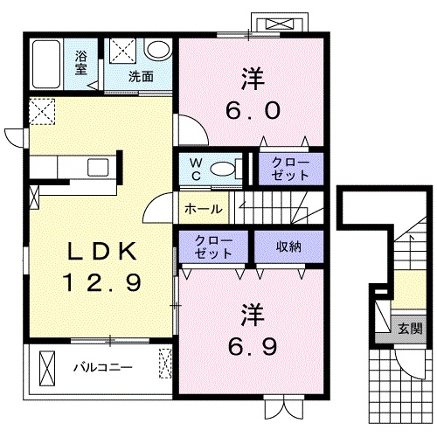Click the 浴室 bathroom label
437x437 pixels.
[x=80, y=62]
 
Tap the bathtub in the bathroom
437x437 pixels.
[x=46, y=64]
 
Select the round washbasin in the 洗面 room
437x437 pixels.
[x=157, y=49]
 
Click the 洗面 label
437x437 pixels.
[x=141, y=76]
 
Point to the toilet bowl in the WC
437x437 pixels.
[x=223, y=169]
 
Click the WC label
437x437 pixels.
[x=196, y=169]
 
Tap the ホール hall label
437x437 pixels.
[x=204, y=209]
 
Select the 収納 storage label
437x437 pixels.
[x=288, y=246]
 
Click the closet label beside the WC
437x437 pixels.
[x=290, y=169]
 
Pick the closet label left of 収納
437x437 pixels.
[x=213, y=247]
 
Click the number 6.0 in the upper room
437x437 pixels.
[x=253, y=110]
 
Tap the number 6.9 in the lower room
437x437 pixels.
[x=253, y=347]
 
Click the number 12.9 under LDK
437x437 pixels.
[x=103, y=282]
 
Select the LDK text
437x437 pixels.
[x=102, y=251]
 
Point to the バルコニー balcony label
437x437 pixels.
[x=102, y=368]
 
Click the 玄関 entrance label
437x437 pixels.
[x=410, y=329]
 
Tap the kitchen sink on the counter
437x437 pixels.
[x=98, y=167]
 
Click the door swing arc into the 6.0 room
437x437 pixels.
[x=198, y=125]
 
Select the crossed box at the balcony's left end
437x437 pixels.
[x=47, y=368]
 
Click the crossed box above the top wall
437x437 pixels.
[x=280, y=24]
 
